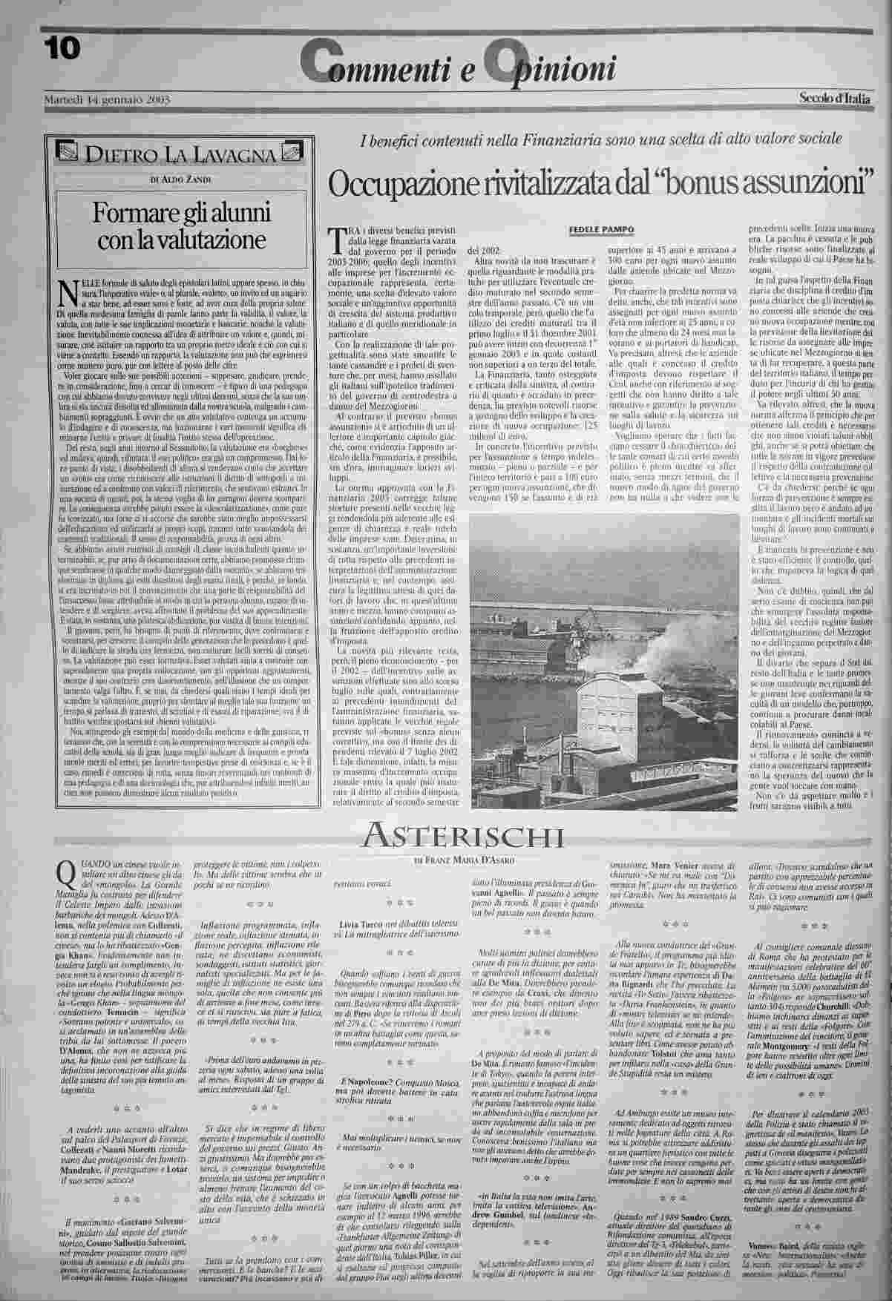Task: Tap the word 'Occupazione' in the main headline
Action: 401,182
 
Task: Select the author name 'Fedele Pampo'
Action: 602,229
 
